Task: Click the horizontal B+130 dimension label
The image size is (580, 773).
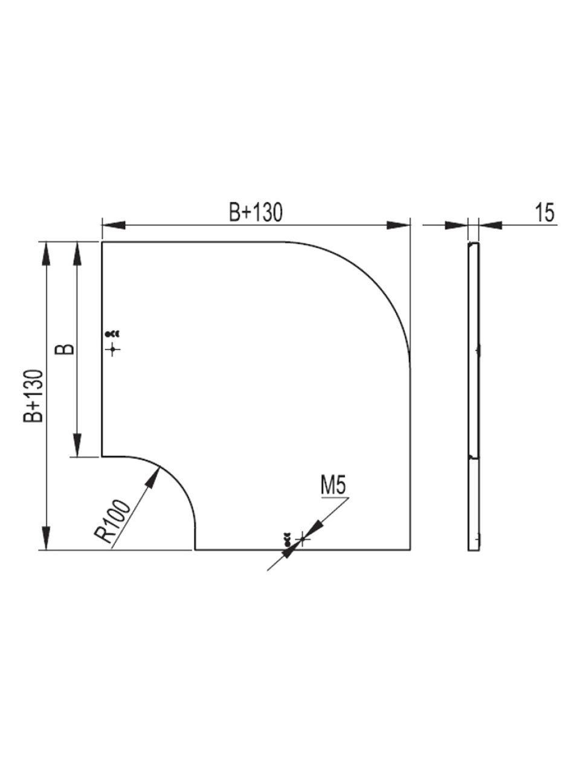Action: pos(256,213)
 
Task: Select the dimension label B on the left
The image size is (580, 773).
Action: pos(65,349)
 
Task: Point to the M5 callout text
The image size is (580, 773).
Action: pos(333,486)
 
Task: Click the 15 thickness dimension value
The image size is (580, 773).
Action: pos(545,213)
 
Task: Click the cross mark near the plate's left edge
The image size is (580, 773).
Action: pos(113,349)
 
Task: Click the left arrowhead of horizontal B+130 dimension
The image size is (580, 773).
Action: pos(114,225)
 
